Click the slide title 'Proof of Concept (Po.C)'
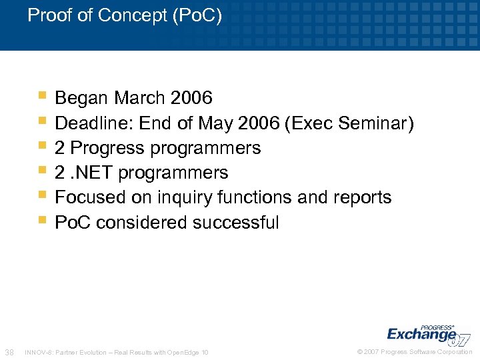coord(125,15)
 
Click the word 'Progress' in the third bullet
coord(105,148)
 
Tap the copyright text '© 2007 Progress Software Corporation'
coord(415,352)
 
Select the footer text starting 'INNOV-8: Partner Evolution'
coord(116,352)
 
